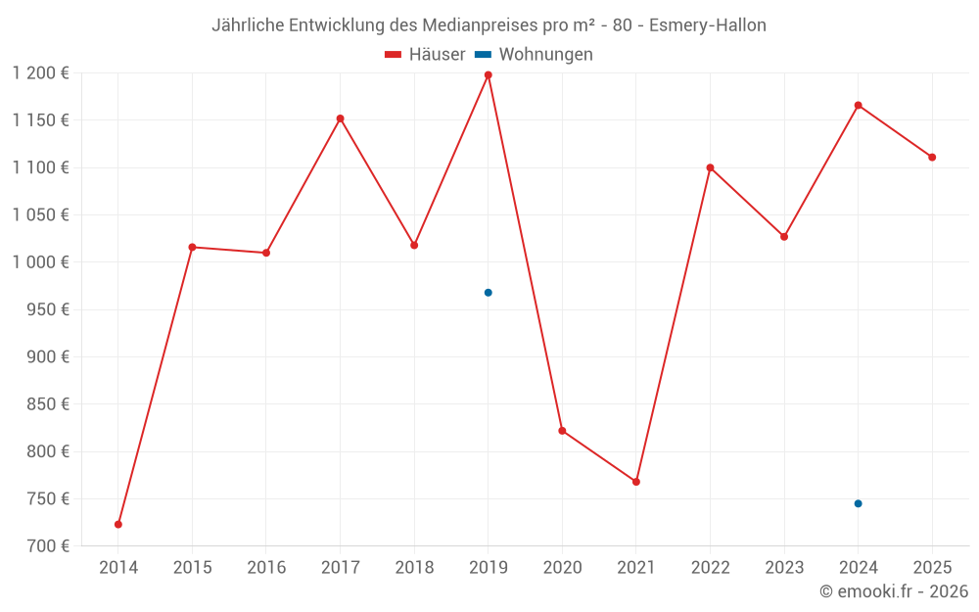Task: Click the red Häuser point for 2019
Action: pyautogui.click(x=488, y=75)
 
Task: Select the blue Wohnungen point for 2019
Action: pyautogui.click(x=488, y=293)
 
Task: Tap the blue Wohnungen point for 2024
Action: pyautogui.click(x=858, y=503)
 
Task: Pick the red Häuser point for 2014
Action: pyautogui.click(x=118, y=525)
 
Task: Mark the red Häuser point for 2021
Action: pyautogui.click(x=636, y=482)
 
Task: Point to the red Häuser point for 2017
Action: pyautogui.click(x=340, y=118)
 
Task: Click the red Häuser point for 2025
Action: pyautogui.click(x=932, y=158)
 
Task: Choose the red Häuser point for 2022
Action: pyautogui.click(x=710, y=167)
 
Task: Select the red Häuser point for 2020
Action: pyautogui.click(x=562, y=431)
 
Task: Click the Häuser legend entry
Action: pyautogui.click(x=425, y=55)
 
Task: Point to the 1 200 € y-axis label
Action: pyautogui.click(x=40, y=73)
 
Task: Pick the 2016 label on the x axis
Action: pyautogui.click(x=266, y=567)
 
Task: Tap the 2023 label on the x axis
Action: pyautogui.click(x=784, y=567)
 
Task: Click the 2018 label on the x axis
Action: pyautogui.click(x=414, y=567)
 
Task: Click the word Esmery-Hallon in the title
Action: pyautogui.click(x=708, y=25)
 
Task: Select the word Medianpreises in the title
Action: pyautogui.click(x=459, y=25)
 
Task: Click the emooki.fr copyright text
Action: pyautogui.click(x=894, y=591)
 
